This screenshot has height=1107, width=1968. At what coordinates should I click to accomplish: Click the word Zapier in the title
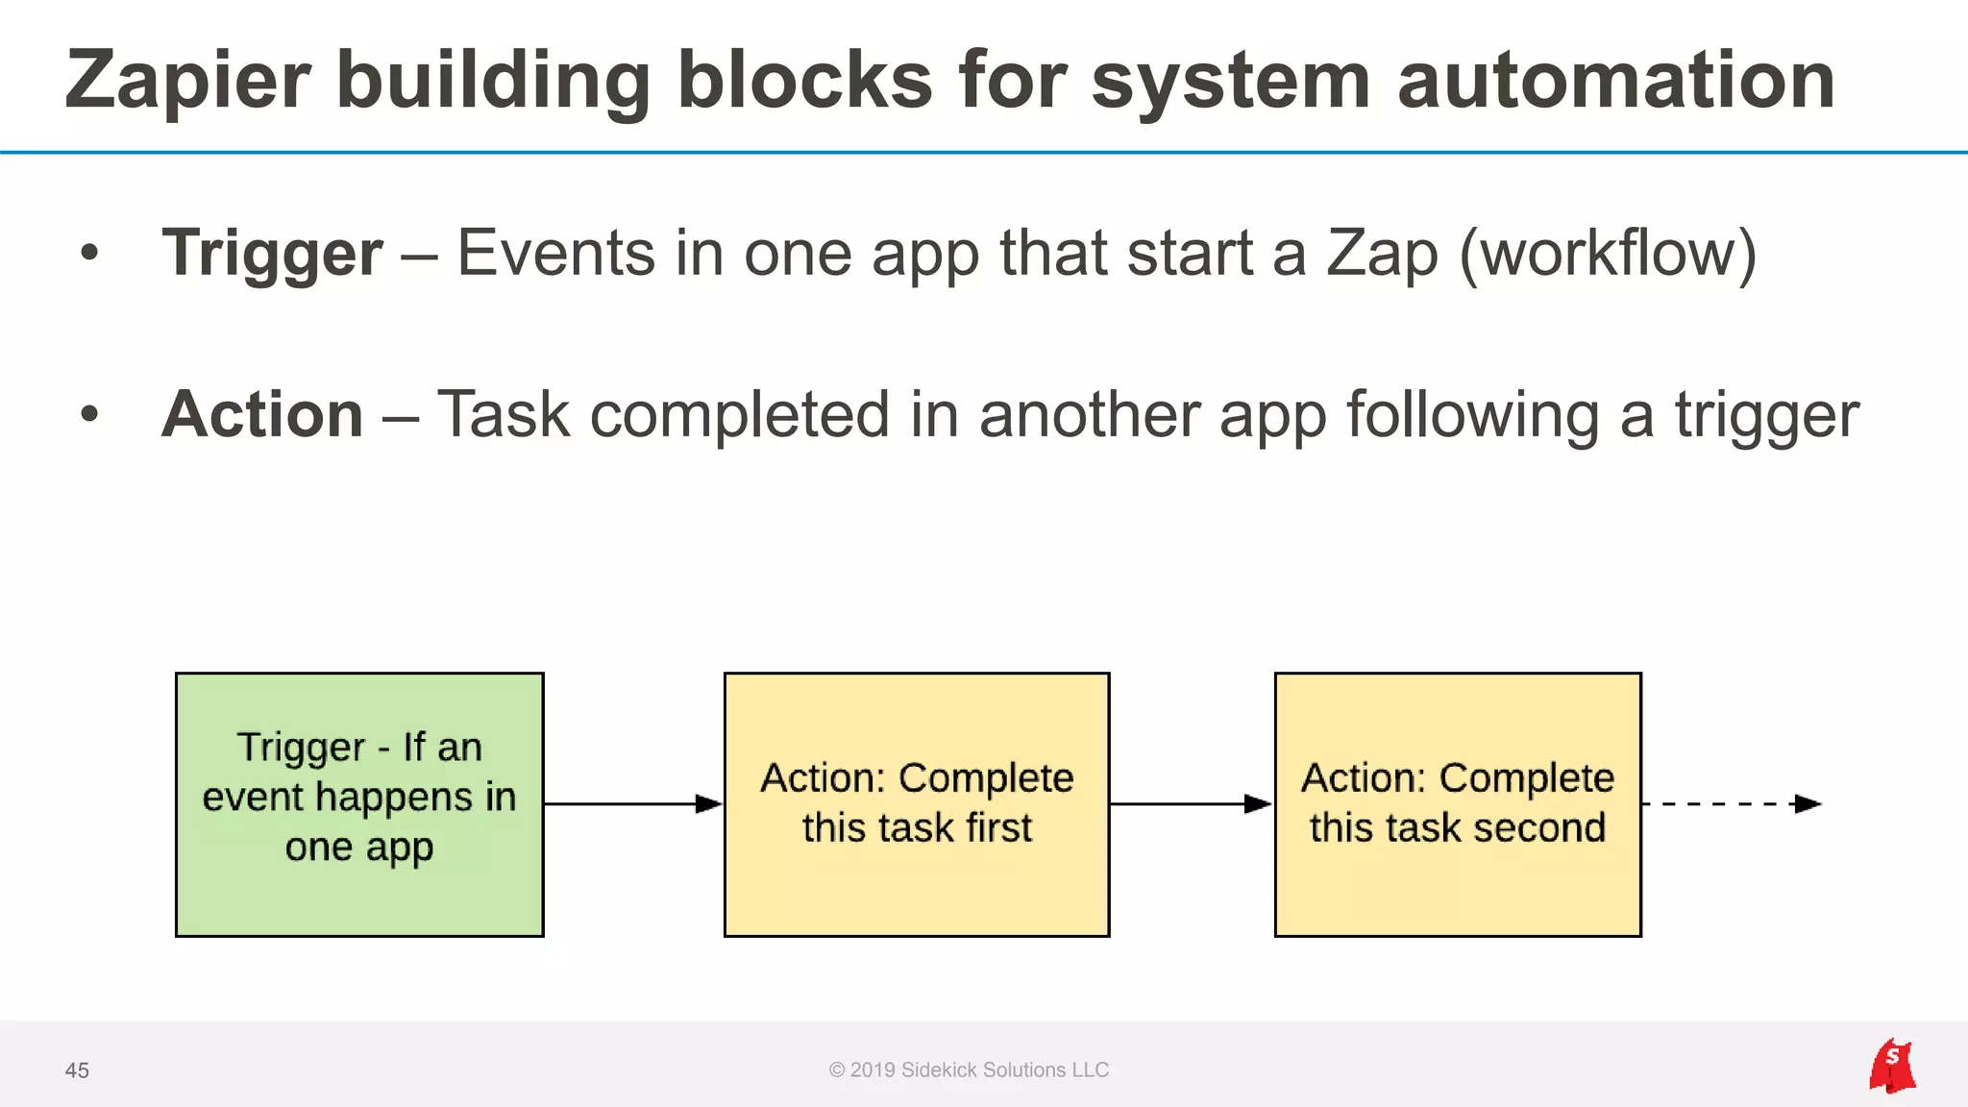(188, 81)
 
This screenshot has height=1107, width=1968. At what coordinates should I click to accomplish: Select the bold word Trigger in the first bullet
(273, 254)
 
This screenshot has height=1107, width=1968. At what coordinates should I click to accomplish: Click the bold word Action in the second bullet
(262, 415)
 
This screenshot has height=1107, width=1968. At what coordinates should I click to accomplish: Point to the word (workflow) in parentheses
(1608, 254)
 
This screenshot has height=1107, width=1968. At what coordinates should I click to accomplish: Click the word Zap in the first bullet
(1383, 254)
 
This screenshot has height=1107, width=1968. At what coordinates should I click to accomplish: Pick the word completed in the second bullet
(739, 415)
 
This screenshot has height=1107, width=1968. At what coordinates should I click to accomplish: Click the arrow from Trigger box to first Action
(632, 803)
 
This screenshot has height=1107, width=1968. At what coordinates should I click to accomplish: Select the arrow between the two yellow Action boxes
(1191, 803)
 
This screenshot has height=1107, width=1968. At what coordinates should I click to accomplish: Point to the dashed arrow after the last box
(1730, 803)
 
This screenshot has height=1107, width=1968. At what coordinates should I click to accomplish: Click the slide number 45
(77, 1070)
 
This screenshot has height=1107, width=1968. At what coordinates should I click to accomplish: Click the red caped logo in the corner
(1892, 1066)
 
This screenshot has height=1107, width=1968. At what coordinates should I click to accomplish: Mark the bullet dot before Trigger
(89, 254)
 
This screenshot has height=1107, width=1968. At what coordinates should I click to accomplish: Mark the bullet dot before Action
(89, 415)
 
